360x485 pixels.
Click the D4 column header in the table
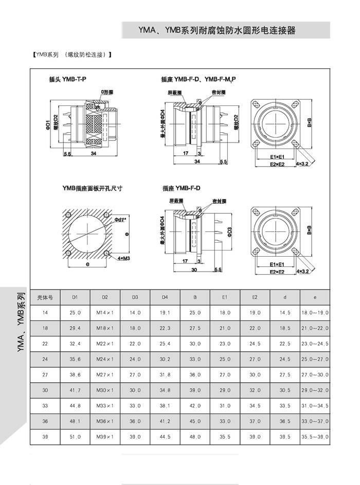pyautogui.click(x=165, y=297)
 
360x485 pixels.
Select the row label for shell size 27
pyautogui.click(x=45, y=375)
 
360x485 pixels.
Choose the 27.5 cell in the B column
pyautogui.click(x=195, y=328)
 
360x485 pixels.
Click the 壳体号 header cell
pyautogui.click(x=45, y=297)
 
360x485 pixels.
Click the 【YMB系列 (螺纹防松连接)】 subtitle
pyautogui.click(x=72, y=55)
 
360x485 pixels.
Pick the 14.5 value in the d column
pyautogui.click(x=285, y=312)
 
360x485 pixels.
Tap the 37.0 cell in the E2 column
pyautogui.click(x=255, y=421)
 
